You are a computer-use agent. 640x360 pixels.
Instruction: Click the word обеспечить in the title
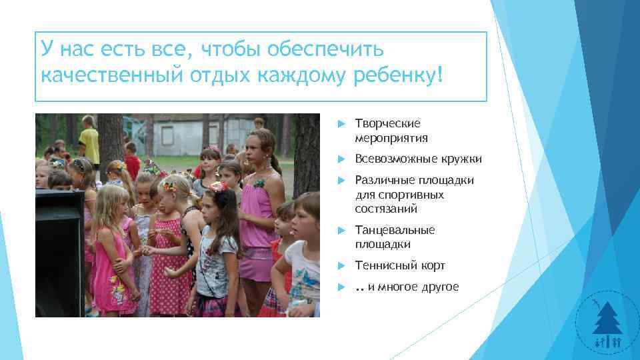325,50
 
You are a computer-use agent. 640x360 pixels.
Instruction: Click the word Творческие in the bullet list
387,124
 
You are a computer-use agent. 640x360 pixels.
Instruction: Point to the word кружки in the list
460,159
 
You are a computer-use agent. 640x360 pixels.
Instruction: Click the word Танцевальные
395,230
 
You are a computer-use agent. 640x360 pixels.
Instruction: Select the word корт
433,265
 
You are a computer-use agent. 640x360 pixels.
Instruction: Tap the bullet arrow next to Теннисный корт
340,266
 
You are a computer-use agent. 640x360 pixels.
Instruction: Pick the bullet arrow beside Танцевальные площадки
340,231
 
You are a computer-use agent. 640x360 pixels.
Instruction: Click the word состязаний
386,209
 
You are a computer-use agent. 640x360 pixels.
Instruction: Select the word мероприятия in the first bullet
391,138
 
